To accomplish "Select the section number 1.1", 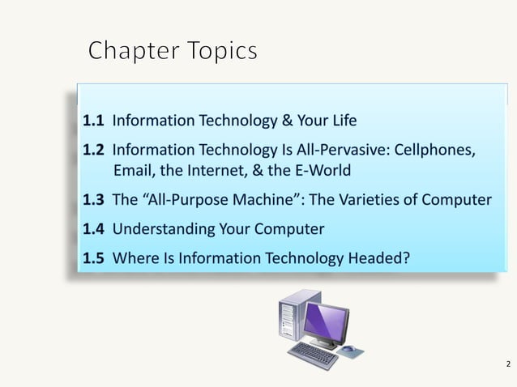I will click(93, 121).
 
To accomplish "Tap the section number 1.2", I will click(93, 151).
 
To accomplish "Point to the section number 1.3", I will click(93, 200).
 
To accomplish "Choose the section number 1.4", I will click(93, 229).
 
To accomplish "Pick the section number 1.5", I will click(93, 258).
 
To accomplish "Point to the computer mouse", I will click(348, 350).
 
